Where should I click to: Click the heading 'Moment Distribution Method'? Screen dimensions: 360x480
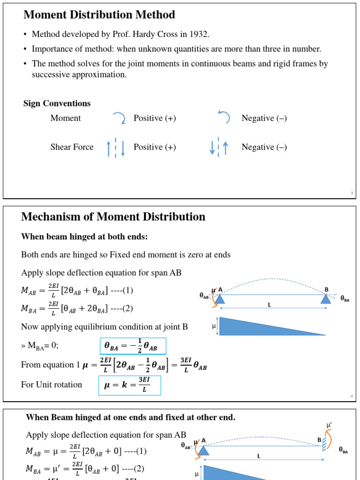99,15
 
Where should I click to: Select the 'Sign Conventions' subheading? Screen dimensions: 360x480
57,103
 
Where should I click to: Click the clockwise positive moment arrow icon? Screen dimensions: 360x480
119,118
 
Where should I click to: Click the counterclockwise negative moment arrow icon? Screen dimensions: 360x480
224,118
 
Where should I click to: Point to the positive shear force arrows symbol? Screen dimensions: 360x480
116,147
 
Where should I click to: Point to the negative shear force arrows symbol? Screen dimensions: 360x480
219,147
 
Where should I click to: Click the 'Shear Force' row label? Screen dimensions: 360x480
72,147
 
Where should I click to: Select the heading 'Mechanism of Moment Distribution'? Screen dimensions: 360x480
113,217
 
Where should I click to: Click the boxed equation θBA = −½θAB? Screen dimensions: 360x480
132,346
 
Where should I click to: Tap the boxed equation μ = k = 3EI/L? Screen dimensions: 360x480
130,385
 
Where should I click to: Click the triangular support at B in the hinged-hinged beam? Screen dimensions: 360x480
326,299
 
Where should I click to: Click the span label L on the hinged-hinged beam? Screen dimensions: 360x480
270,305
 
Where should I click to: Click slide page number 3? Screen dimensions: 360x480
352,193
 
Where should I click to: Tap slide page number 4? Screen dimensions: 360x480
352,397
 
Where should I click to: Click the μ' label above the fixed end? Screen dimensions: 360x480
330,425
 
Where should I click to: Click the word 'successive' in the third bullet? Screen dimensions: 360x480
51,75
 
